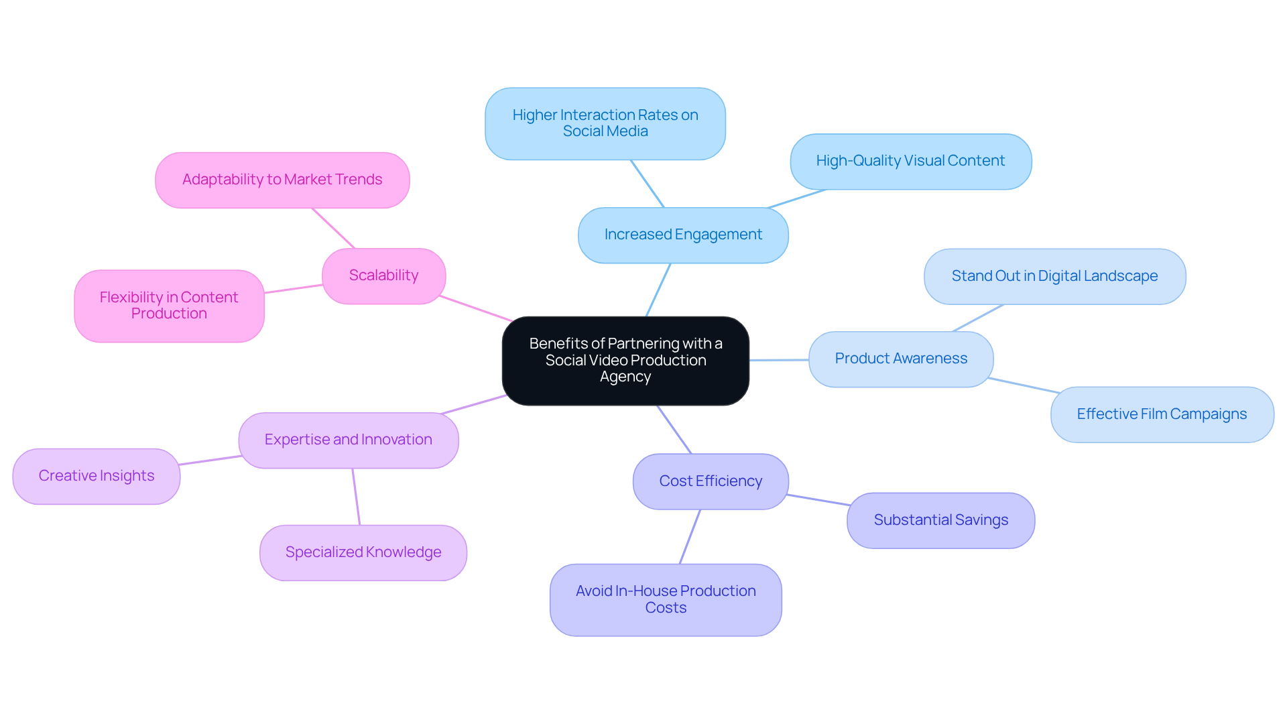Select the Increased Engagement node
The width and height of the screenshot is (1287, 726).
[682, 235]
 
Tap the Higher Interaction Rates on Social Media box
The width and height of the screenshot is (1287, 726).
[605, 124]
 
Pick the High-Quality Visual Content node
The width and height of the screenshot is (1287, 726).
[910, 162]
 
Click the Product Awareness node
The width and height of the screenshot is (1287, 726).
[900, 359]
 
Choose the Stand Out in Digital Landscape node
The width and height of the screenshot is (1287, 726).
[1054, 277]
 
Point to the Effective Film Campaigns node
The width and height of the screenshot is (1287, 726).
[1161, 415]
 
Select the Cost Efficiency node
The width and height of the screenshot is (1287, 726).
[710, 482]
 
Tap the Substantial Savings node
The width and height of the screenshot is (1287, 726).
[940, 521]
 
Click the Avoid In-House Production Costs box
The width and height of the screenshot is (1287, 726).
[665, 600]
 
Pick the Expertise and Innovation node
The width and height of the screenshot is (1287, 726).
[348, 440]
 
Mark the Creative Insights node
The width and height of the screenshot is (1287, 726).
[96, 477]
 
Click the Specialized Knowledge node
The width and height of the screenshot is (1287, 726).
[363, 553]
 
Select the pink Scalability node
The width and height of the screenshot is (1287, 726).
[383, 276]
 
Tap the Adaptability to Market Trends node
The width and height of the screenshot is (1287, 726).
[282, 180]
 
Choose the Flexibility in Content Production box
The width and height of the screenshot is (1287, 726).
[169, 306]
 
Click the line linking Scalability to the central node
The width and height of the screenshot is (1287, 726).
[476, 309]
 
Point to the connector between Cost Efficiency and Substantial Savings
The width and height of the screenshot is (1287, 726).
[818, 500]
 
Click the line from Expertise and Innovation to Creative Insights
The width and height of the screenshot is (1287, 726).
[210, 461]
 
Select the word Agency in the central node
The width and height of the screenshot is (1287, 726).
[625, 377]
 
